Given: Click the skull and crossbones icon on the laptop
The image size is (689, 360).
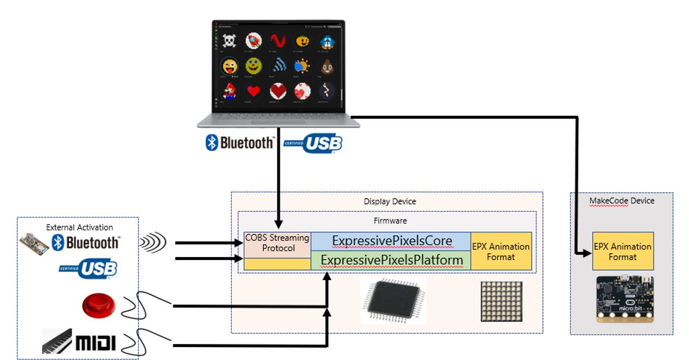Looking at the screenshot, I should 228,40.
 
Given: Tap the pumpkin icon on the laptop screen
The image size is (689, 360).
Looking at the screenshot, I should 303,40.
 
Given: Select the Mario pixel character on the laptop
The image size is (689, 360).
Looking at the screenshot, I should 229,90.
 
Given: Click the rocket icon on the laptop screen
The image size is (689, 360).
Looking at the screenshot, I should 254,40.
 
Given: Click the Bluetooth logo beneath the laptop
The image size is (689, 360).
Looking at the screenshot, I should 240,142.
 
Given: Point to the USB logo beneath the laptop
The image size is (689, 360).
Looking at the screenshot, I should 313,143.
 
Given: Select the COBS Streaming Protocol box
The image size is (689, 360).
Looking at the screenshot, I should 278,243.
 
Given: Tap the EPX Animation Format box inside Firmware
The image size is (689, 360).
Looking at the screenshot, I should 502,251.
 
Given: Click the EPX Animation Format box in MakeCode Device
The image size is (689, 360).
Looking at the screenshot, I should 623,251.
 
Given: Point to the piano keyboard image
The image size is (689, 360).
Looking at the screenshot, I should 57,341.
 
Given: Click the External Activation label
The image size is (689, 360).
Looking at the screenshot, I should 79,227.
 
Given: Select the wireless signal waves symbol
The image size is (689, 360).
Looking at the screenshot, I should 153,242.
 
